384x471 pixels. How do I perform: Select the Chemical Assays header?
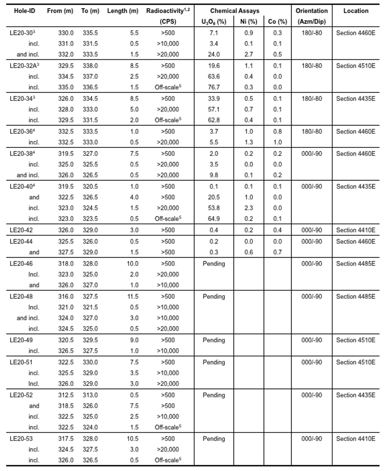pos(235,11)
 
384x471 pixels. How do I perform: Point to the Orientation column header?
pos(312,11)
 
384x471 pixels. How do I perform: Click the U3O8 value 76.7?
pos(214,87)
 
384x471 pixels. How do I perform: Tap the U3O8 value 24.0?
pos(214,55)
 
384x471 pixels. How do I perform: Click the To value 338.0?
pos(90,65)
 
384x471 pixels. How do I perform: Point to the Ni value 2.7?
pos(248,55)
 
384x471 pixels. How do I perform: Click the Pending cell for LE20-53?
pos(214,439)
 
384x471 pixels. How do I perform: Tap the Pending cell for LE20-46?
pos(214,264)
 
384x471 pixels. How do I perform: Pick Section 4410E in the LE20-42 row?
pos(355,230)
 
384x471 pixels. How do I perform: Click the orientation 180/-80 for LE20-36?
pos(312,131)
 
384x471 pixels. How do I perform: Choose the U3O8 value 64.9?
pos(214,219)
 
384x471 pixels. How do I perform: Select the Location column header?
pos(356,11)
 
